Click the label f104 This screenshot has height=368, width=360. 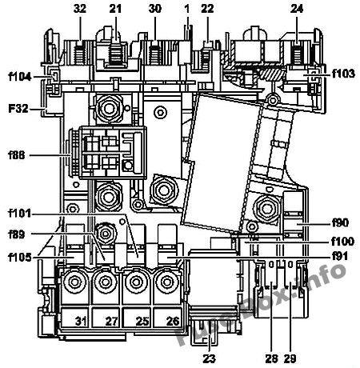point(20,77)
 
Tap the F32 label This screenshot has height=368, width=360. point(18,109)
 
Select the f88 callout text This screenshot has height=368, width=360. point(17,155)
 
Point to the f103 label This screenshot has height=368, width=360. point(344,74)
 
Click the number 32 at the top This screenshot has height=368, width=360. point(80,9)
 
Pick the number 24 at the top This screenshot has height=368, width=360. point(297,9)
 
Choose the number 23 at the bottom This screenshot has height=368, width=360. point(209,358)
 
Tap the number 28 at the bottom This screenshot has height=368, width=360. point(271,358)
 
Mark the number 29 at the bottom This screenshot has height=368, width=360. point(290,358)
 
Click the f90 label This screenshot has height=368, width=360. point(341,222)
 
